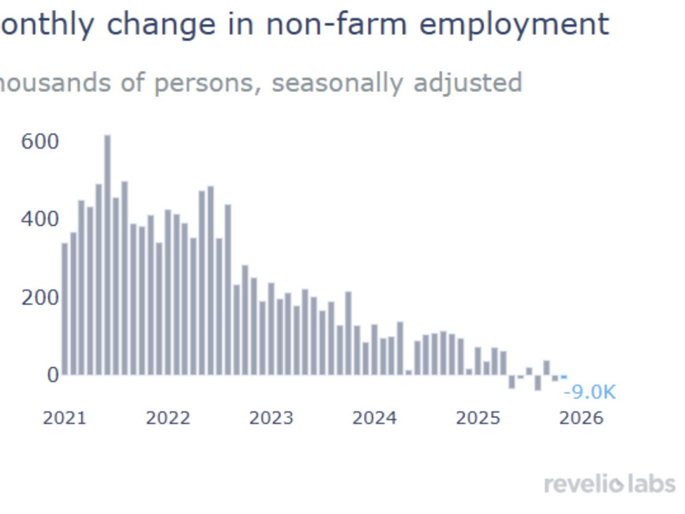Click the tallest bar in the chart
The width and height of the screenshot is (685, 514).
[x=107, y=254]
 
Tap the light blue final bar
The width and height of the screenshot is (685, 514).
[x=563, y=377]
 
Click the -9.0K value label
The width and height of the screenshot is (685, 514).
[x=589, y=392]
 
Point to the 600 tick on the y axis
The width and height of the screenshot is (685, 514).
[x=40, y=142]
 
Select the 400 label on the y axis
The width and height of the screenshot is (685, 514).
[x=40, y=219]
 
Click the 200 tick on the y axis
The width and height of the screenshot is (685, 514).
[x=40, y=297]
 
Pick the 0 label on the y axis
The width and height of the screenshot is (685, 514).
[x=53, y=375]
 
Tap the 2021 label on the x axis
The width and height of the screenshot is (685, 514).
[x=65, y=418]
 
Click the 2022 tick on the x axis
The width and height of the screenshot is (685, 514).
[x=168, y=418]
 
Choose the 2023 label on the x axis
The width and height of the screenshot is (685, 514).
[x=271, y=418]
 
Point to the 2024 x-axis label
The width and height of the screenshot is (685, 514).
[x=374, y=418]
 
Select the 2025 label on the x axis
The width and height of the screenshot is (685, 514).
[x=478, y=418]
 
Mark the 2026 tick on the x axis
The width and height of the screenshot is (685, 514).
[x=581, y=418]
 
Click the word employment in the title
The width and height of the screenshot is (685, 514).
[x=514, y=25]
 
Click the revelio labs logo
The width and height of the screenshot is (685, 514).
[x=609, y=484]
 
